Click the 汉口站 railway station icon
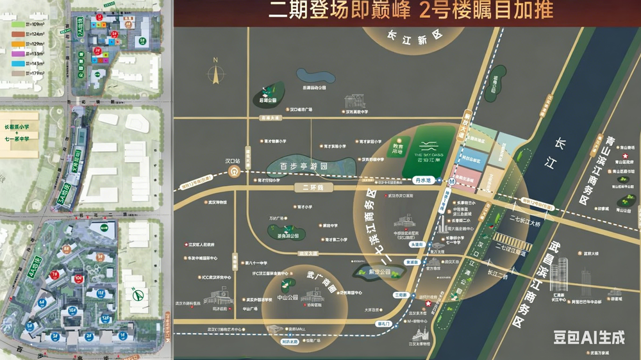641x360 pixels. pyautogui.click(x=235, y=172)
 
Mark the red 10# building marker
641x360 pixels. pyautogui.click(x=78, y=278)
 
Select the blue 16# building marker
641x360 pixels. pyautogui.click(x=72, y=310)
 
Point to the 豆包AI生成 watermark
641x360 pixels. pyautogui.click(x=588, y=336)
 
